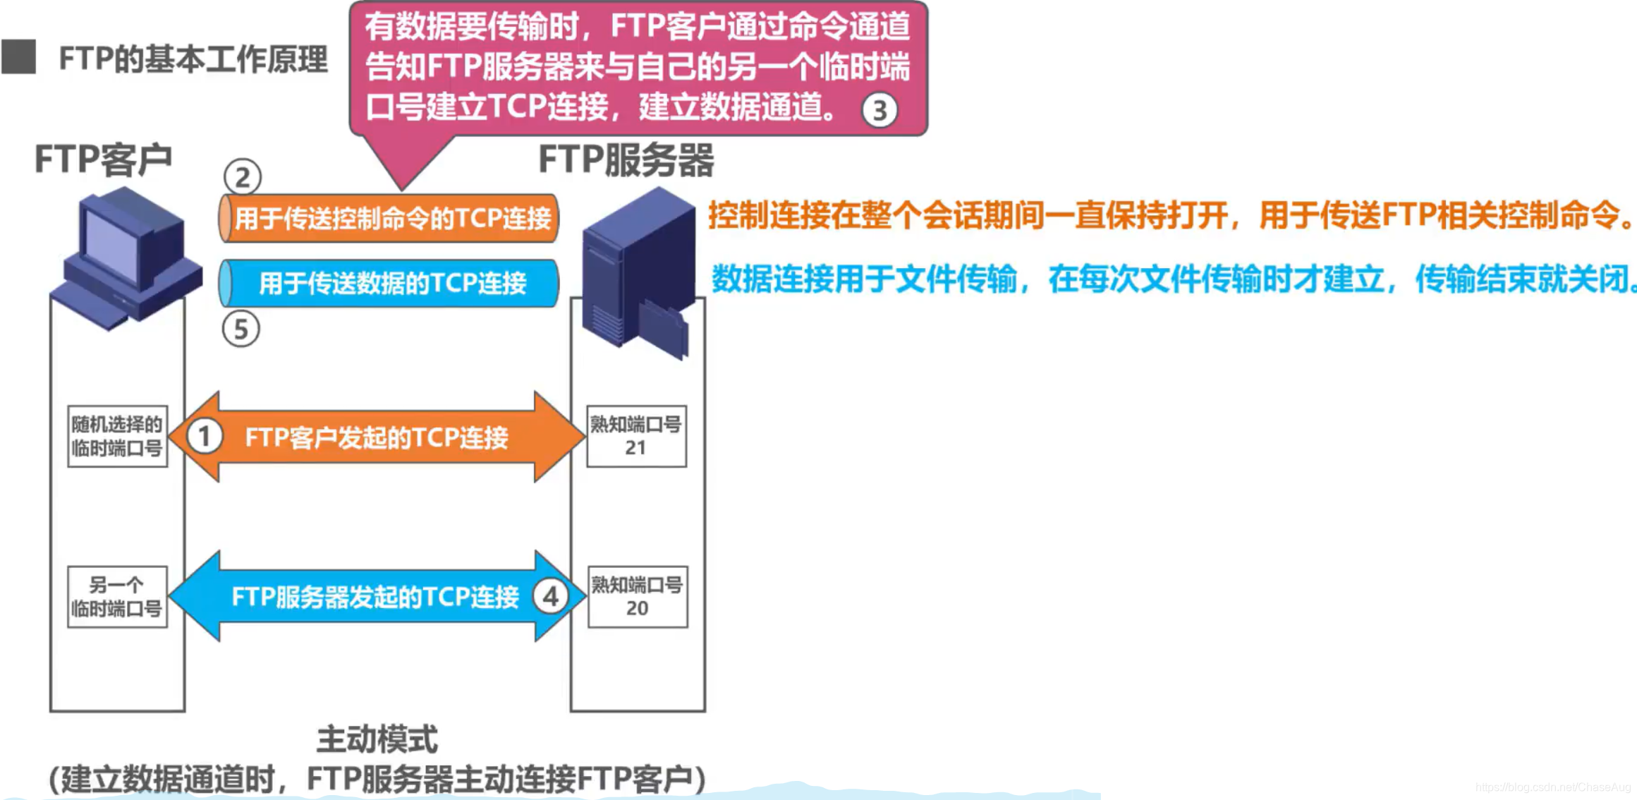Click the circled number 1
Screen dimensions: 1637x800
coord(205,437)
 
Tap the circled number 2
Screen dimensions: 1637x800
coord(243,177)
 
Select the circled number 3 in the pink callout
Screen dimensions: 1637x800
coord(880,111)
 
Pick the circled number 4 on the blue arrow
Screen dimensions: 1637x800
coord(551,597)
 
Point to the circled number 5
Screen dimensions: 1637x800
coord(241,329)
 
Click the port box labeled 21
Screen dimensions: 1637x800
coord(636,436)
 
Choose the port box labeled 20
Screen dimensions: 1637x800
coord(637,597)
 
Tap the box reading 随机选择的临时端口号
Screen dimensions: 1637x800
coord(117,436)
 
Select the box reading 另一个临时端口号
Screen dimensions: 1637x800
coord(117,597)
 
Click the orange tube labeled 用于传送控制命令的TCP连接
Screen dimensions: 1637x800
coord(389,219)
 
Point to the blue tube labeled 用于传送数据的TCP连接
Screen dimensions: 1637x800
coord(389,284)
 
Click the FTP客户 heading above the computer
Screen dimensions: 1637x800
coord(104,159)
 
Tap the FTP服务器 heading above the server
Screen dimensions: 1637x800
coord(626,160)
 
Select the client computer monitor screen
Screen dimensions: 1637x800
coord(111,247)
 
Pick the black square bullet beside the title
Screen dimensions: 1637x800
coord(19,57)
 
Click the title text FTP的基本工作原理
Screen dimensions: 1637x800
coord(193,59)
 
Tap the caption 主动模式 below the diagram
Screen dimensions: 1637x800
coord(377,740)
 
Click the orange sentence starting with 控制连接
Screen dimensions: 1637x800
coord(1171,215)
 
